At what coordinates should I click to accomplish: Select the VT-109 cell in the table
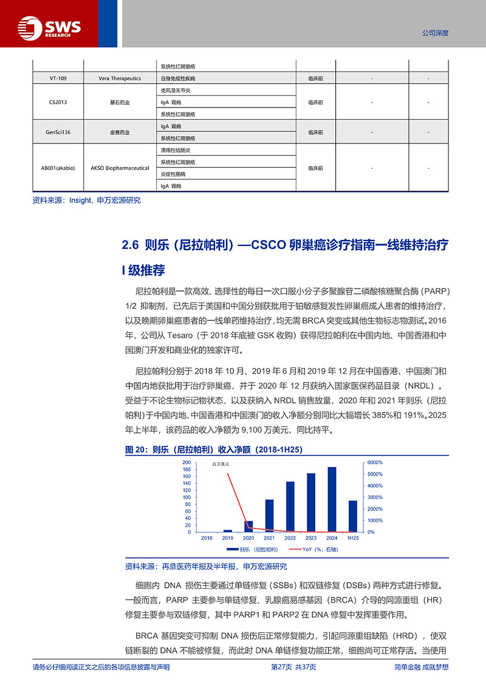[58, 78]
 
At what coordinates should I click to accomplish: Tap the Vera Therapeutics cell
[120, 78]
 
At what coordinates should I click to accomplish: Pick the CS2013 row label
[58, 102]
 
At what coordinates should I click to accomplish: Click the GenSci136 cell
[58, 132]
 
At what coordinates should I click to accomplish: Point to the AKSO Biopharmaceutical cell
[120, 168]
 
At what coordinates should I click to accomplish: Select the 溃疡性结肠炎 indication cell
[176, 150]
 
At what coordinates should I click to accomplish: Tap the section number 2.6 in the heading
[131, 245]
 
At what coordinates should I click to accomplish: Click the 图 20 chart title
[213, 449]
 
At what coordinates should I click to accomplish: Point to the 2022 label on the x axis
[290, 538]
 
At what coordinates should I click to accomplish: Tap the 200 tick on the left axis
[187, 462]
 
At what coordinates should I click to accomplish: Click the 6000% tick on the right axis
[374, 462]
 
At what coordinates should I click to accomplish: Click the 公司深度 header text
[435, 33]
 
